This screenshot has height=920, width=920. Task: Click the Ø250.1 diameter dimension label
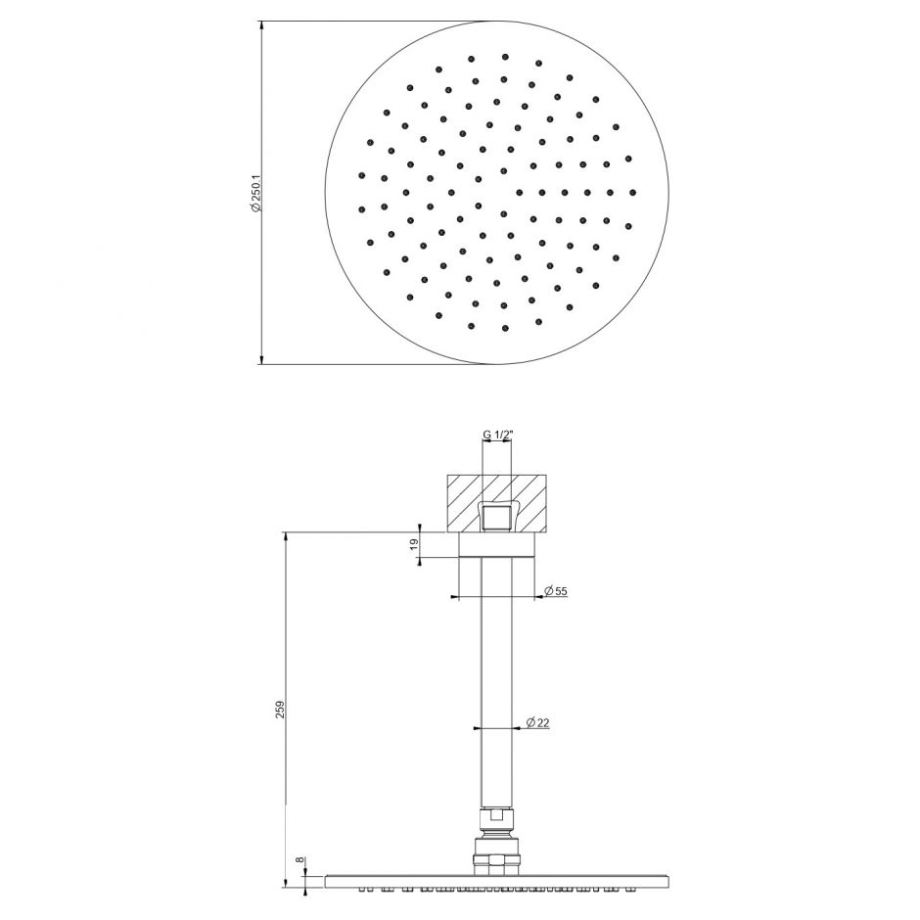tap(255, 193)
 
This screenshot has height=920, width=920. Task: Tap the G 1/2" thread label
tap(497, 435)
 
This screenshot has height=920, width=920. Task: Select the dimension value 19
tap(414, 545)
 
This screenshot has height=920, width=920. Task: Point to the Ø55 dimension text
tap(556, 591)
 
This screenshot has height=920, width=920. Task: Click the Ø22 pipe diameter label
tap(537, 722)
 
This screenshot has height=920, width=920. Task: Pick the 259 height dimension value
tap(280, 710)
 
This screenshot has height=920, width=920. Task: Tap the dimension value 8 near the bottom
tap(300, 860)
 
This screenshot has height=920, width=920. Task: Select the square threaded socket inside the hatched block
tap(497, 517)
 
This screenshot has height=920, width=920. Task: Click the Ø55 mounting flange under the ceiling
tap(497, 544)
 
